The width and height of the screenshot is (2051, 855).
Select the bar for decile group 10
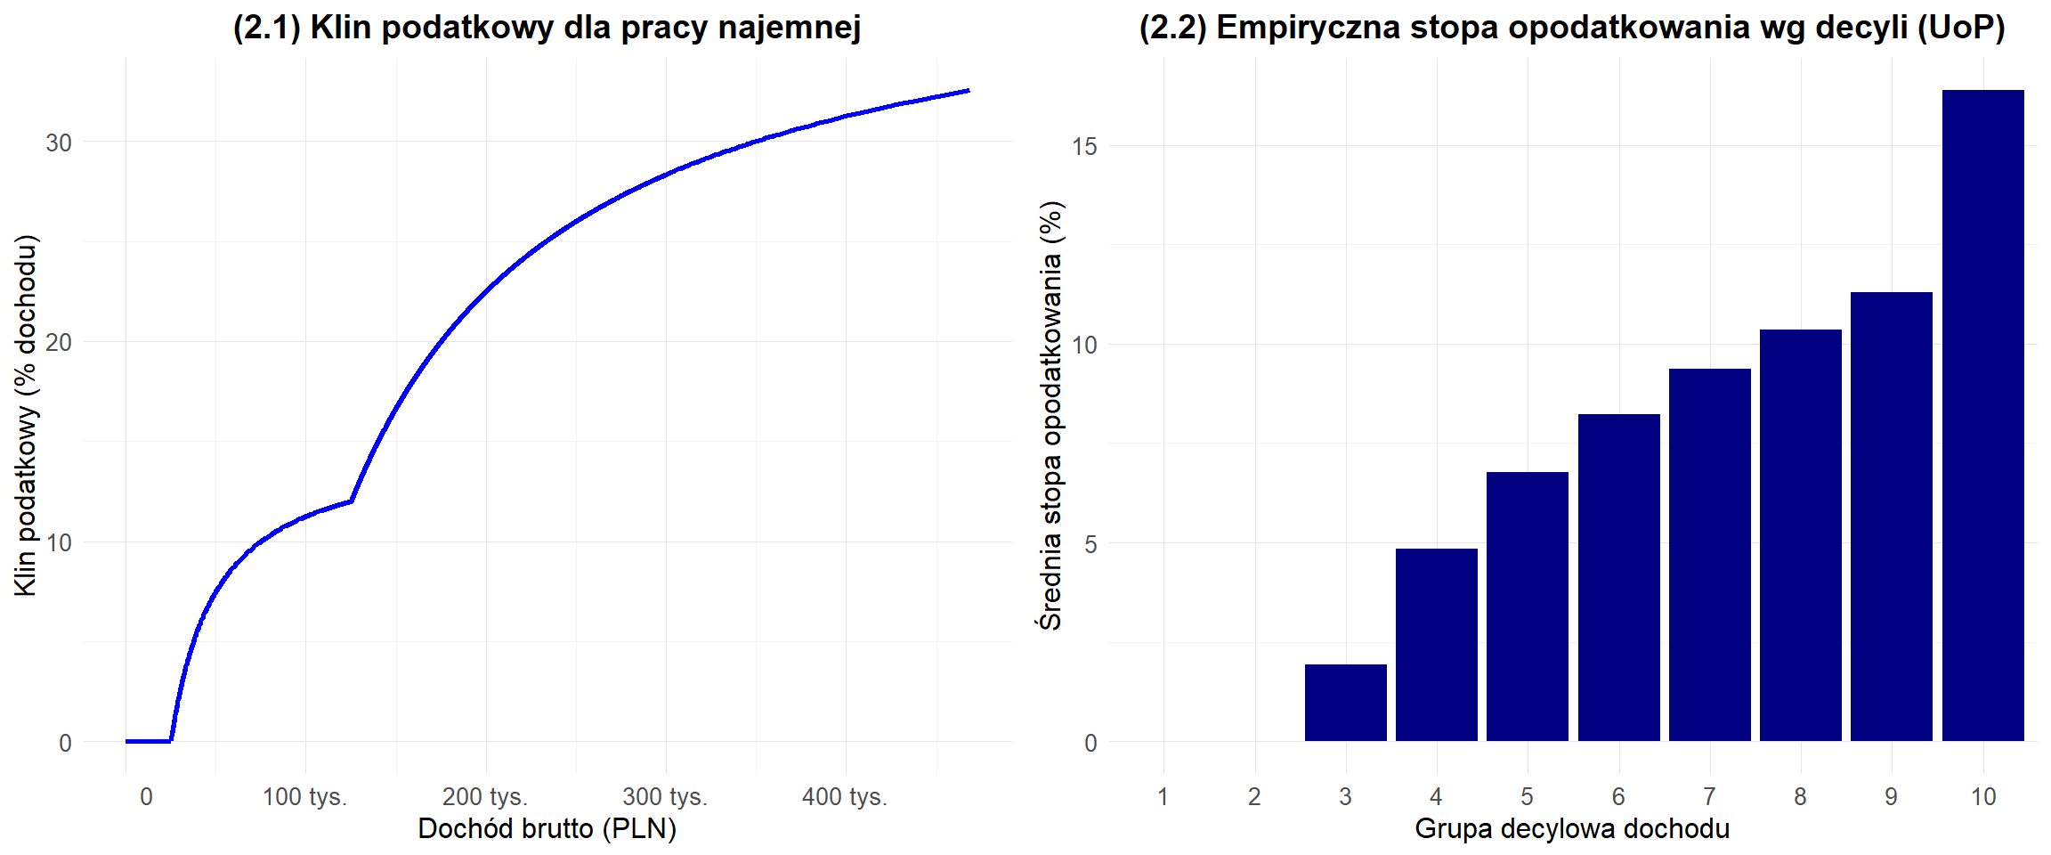point(1982,415)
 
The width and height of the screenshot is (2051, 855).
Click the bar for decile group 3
point(1345,703)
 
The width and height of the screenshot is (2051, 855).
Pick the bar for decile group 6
point(1618,577)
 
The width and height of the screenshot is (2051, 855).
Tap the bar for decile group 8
point(1800,534)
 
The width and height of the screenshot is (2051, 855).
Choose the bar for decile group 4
point(1436,645)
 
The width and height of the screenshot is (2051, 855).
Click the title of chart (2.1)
point(547,28)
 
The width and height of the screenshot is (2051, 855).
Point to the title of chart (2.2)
point(1572,28)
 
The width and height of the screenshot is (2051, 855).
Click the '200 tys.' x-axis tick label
point(485,796)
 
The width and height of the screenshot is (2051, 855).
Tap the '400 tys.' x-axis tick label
point(845,796)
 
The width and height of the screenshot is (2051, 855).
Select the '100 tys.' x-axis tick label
point(304,796)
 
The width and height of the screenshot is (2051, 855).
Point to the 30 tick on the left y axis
point(59,142)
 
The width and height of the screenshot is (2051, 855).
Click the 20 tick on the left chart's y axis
point(59,343)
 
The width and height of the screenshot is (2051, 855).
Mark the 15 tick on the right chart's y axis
point(1084,146)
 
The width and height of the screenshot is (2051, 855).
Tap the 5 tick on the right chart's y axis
point(1090,544)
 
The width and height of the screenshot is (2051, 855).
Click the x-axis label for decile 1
point(1163,796)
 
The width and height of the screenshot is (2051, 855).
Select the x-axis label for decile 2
point(1254,796)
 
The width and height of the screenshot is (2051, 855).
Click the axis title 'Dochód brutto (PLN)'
point(547,828)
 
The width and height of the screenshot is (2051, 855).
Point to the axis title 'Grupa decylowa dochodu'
point(1572,828)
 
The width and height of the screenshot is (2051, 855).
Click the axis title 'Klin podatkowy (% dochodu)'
point(26,415)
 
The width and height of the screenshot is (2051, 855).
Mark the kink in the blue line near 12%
point(352,501)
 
